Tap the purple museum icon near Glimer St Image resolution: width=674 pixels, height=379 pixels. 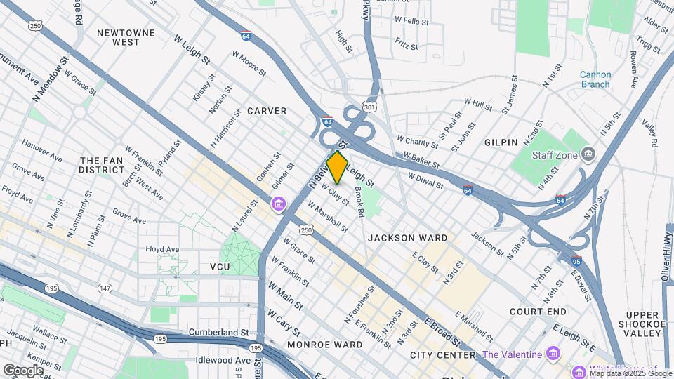pyautogui.click(x=279, y=204)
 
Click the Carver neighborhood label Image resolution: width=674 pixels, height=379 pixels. pyautogui.click(x=267, y=111)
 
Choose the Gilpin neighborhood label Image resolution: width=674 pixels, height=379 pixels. pyautogui.click(x=501, y=142)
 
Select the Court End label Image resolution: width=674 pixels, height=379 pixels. pyautogui.click(x=538, y=311)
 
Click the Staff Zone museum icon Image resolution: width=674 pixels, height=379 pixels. pyautogui.click(x=589, y=154)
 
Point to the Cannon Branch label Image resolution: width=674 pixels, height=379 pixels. pyautogui.click(x=595, y=79)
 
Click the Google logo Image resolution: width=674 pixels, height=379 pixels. pyautogui.click(x=23, y=370)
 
